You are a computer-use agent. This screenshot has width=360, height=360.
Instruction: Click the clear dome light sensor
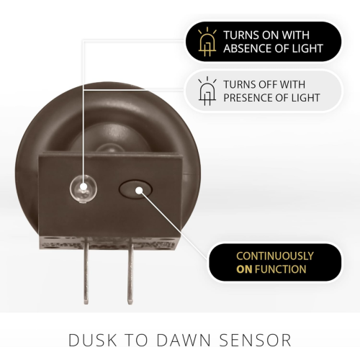(x=84, y=189)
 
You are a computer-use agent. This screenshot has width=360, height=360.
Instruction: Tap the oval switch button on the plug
(x=135, y=189)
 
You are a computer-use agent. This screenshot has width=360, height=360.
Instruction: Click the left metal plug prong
(x=86, y=271)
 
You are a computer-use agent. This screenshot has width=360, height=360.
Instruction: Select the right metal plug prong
(x=130, y=271)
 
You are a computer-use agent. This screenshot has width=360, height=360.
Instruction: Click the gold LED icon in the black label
(x=207, y=42)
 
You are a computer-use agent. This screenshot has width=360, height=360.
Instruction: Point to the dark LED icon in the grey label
(x=207, y=91)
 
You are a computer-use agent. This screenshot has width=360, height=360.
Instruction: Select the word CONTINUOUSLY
(x=275, y=256)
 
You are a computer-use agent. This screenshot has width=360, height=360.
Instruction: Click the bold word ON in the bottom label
(x=244, y=269)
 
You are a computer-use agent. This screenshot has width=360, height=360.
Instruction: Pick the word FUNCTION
(x=281, y=269)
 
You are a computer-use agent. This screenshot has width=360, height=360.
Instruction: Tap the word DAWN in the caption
(x=184, y=340)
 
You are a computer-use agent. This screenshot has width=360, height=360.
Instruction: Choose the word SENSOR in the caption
(x=255, y=340)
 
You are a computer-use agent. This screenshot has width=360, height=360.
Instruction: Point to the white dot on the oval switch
(x=139, y=191)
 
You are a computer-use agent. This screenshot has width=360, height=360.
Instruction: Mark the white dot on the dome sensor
(x=84, y=186)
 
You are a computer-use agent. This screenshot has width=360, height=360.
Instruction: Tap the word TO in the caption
(x=136, y=340)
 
